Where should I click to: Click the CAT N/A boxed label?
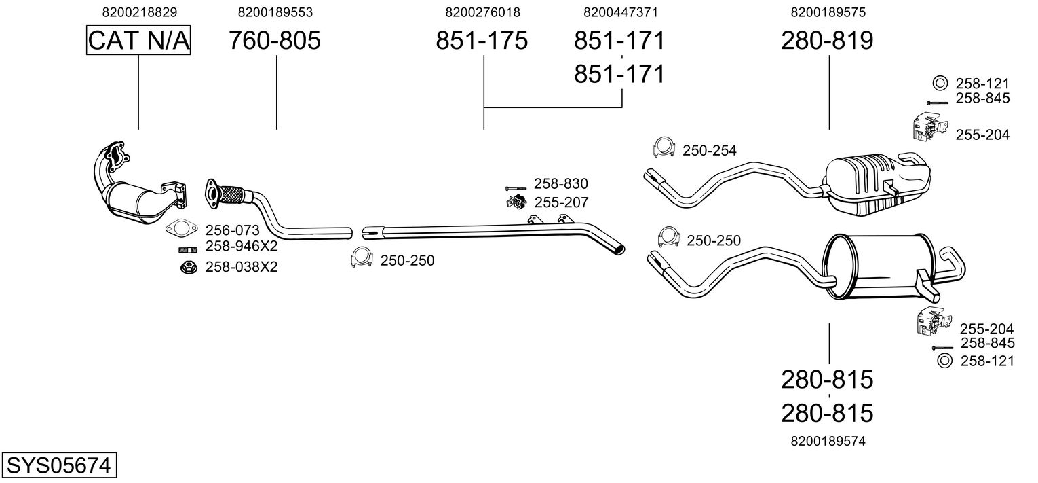tap(138, 40)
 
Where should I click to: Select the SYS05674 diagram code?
tap(59, 465)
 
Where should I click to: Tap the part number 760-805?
tap(274, 40)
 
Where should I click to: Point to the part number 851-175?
tap(482, 40)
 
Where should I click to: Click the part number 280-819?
tap(827, 40)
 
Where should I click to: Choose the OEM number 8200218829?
tap(140, 12)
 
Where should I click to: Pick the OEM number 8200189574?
tap(828, 441)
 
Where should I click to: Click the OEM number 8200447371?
tap(621, 12)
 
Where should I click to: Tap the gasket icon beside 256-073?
tap(182, 228)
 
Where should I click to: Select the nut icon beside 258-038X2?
tap(188, 267)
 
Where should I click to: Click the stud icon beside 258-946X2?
tap(188, 250)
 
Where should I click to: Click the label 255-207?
tap(561, 202)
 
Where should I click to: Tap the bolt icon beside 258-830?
tap(516, 188)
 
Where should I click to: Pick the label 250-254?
tap(710, 150)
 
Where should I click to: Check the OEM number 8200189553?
tap(275, 12)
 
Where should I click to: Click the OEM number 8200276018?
tap(482, 12)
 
